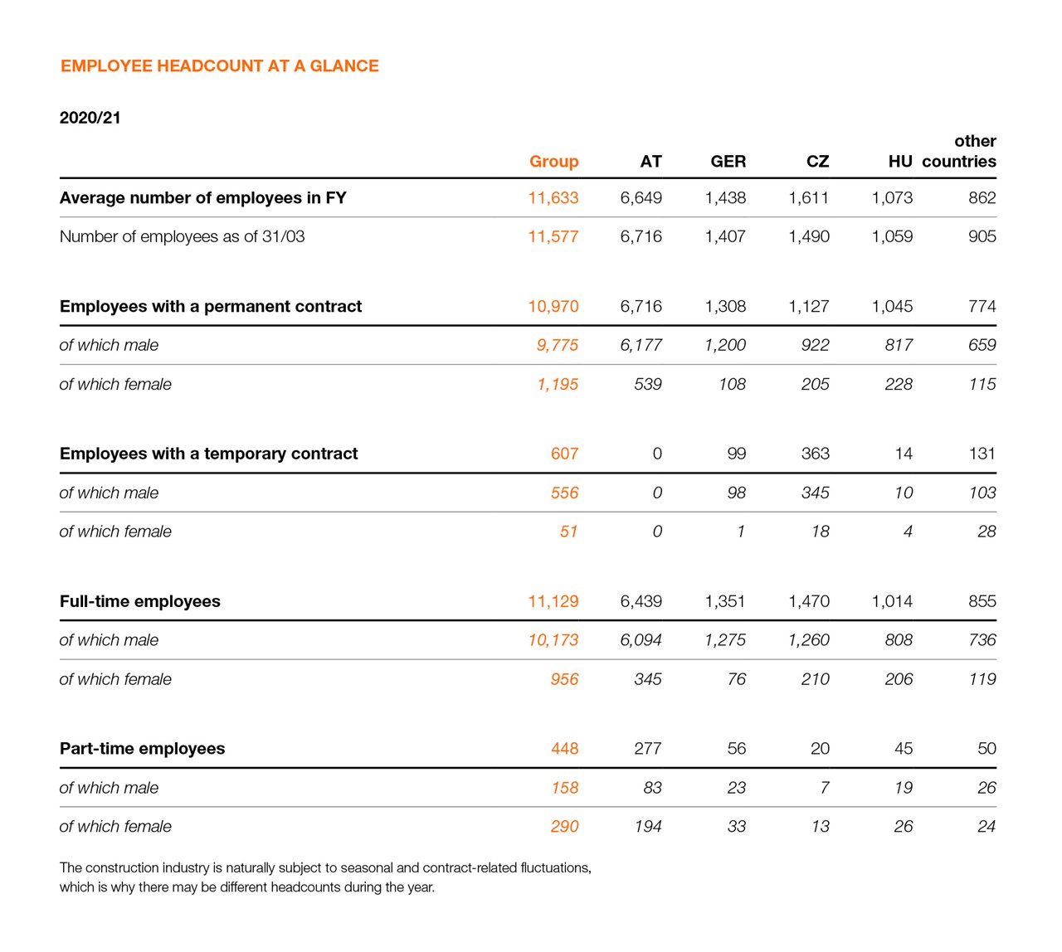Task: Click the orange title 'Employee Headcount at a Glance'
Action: pyautogui.click(x=219, y=66)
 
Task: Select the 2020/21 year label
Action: pyautogui.click(x=90, y=118)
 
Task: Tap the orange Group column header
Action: pyautogui.click(x=553, y=162)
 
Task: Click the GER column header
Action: pyautogui.click(x=728, y=162)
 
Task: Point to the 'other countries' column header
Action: pyautogui.click(x=959, y=152)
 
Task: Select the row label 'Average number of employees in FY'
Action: pyautogui.click(x=202, y=198)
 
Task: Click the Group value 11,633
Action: pyautogui.click(x=553, y=198)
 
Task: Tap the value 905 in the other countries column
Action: pyautogui.click(x=982, y=237)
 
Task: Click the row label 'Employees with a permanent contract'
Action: pyautogui.click(x=211, y=307)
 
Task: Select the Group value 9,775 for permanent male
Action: pyautogui.click(x=557, y=346)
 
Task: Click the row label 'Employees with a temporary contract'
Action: pyautogui.click(x=208, y=454)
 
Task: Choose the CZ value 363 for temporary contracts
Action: pyautogui.click(x=815, y=454)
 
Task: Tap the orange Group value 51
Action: pyautogui.click(x=568, y=532)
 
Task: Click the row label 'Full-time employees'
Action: pyautogui.click(x=139, y=602)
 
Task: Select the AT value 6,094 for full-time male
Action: pyautogui.click(x=641, y=640)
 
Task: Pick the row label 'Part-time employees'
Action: pyautogui.click(x=142, y=749)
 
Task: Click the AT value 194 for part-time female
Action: pyautogui.click(x=647, y=827)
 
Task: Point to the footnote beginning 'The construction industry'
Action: pyautogui.click(x=324, y=877)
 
